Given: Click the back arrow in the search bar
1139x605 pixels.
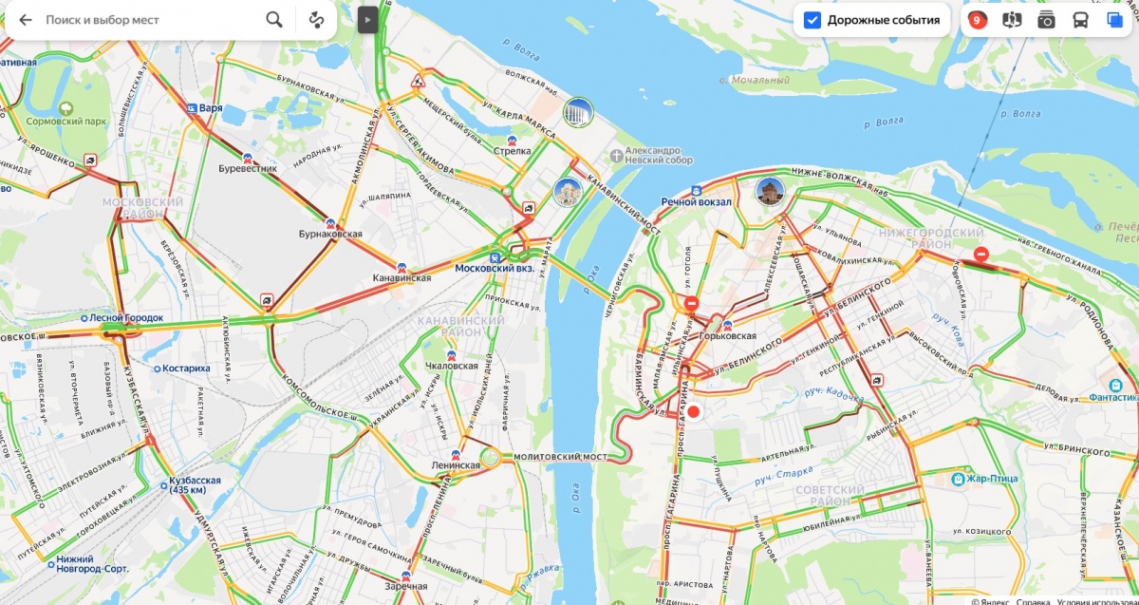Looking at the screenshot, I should click(x=26, y=20).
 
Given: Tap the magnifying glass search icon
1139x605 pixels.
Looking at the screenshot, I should click(x=274, y=20).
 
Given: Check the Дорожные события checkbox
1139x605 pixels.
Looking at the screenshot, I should click(x=812, y=20).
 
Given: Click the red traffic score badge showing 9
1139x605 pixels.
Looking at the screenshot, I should click(x=977, y=20).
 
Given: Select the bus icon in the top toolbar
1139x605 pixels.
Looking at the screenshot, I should click(x=1080, y=20).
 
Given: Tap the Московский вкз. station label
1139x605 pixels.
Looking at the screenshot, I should click(x=495, y=268).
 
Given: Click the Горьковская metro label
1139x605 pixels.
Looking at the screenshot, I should click(x=725, y=335).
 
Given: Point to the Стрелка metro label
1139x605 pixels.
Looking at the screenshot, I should click(x=513, y=151).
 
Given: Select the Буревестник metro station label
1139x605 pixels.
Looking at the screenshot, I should click(x=248, y=168).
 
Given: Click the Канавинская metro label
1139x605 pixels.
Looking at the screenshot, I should click(x=401, y=277).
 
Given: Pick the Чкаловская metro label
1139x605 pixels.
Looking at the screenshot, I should click(x=451, y=365).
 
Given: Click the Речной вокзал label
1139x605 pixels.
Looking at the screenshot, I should click(x=696, y=201).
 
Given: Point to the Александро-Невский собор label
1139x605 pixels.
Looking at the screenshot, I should click(x=660, y=156).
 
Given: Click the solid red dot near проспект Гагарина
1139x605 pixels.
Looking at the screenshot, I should click(x=693, y=411).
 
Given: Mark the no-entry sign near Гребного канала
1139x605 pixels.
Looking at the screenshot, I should click(x=981, y=255).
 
